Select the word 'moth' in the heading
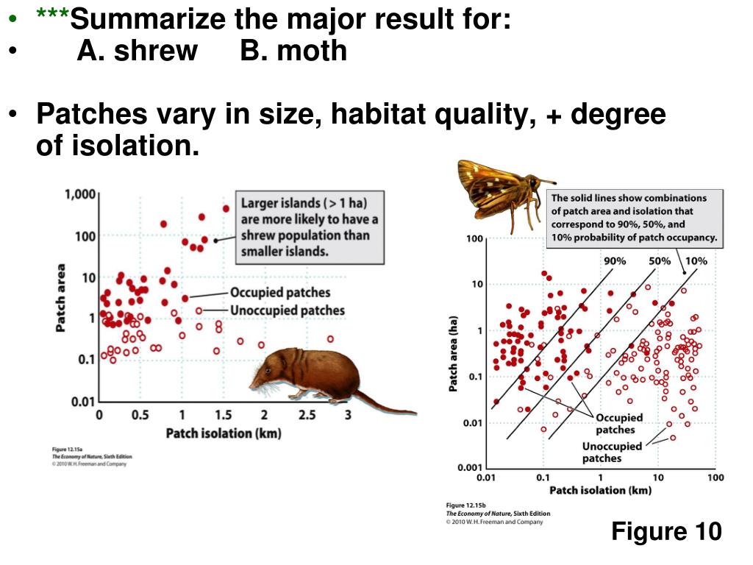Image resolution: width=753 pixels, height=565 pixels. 311,51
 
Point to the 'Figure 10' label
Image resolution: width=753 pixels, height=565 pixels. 666,530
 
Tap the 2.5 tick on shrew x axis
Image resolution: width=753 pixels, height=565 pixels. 307,415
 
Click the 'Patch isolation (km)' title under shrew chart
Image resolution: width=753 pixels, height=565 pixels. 224,433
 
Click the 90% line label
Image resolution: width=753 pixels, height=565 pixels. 615,261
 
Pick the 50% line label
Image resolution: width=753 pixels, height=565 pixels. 660,261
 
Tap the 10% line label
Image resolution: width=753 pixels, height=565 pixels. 696,261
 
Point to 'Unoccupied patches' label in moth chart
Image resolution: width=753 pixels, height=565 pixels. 612,452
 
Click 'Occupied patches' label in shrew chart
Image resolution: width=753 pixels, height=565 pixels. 280,293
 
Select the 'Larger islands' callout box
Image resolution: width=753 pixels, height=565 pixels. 310,227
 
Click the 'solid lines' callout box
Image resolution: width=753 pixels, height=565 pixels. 634,218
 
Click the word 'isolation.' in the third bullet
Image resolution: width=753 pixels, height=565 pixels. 118,146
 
